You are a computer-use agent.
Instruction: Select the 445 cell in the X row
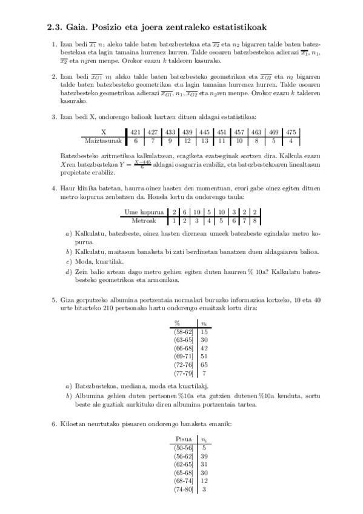click(204, 132)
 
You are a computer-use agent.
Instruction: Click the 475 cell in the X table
click(291, 132)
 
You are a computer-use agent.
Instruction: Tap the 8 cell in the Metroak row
click(256, 221)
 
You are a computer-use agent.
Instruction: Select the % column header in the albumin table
click(178, 323)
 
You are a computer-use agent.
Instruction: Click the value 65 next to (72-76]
click(204, 365)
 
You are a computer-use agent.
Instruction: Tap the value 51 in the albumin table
click(204, 357)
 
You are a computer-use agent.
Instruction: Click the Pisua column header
click(184, 438)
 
